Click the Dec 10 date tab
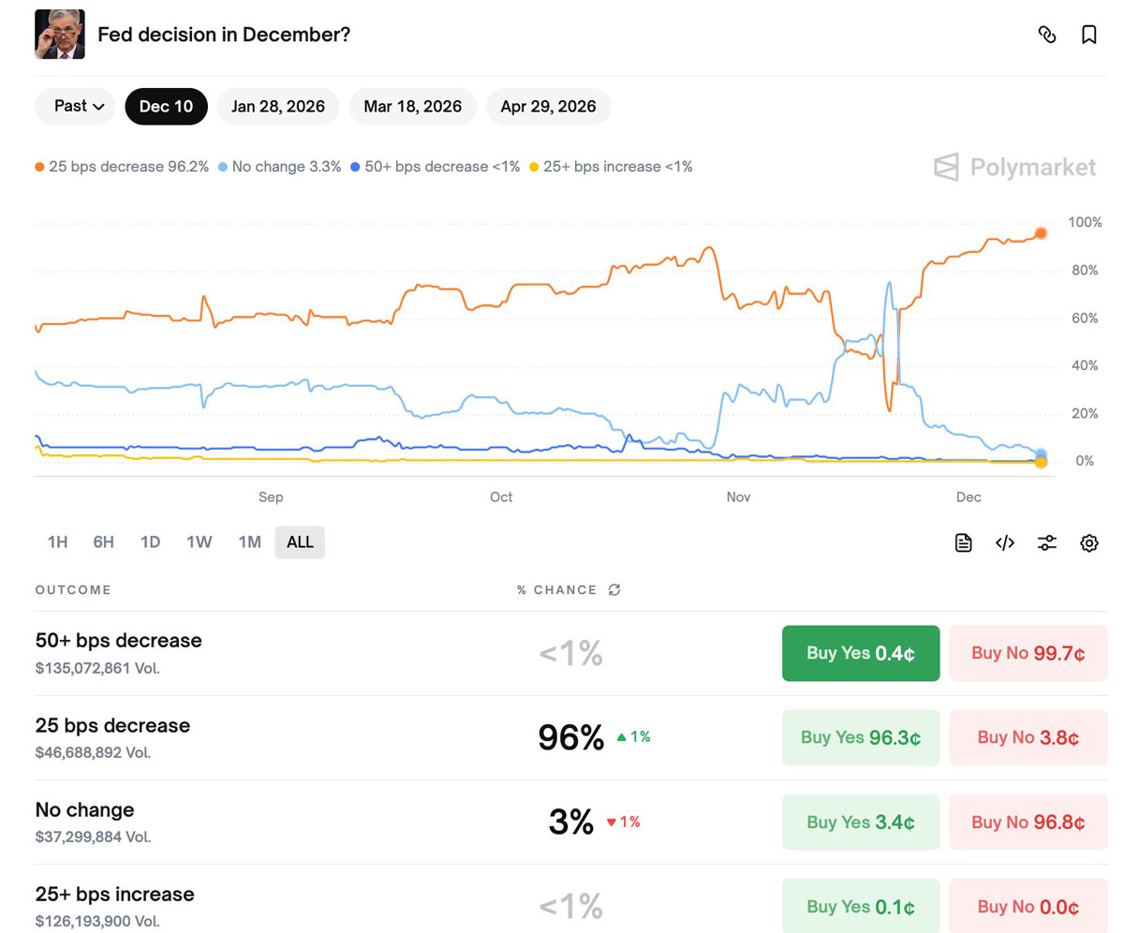coord(166,107)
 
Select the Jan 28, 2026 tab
coord(278,107)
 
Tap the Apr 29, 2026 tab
coord(548,107)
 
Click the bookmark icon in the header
coord(1088,35)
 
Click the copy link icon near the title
coord(1047,35)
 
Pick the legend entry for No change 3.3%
coord(279,167)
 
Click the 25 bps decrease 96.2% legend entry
coord(122,167)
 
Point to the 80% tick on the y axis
coord(1085,271)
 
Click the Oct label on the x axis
coord(501,496)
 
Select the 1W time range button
coord(199,542)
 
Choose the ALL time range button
coord(300,542)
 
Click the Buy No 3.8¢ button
coord(1028,738)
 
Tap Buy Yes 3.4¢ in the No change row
coord(860,822)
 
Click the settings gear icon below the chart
coord(1088,542)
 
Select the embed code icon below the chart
coord(1005,542)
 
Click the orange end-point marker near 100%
coord(1041,233)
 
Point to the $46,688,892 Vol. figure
coord(93,752)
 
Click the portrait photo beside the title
coord(60,35)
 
